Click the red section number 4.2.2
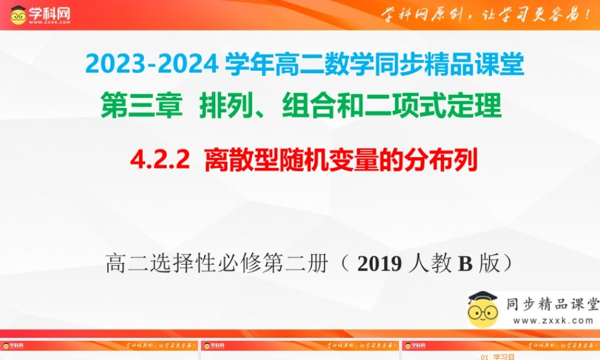click(x=159, y=161)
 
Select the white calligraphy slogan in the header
click(x=487, y=15)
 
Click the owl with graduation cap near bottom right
click(x=483, y=309)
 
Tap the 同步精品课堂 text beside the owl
click(x=552, y=304)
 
